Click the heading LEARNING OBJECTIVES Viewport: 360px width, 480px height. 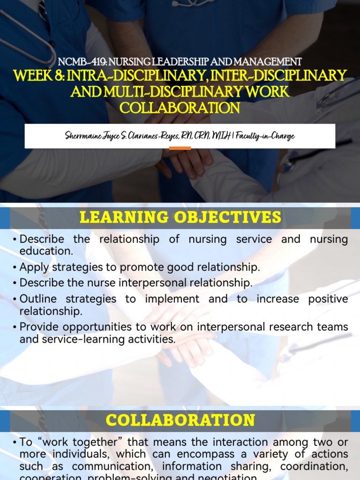[180, 217]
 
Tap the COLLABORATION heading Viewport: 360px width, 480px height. [180, 420]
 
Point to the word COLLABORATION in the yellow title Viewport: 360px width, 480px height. [180, 108]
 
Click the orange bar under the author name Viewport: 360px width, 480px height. [180, 148]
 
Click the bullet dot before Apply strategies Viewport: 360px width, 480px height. [15, 268]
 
